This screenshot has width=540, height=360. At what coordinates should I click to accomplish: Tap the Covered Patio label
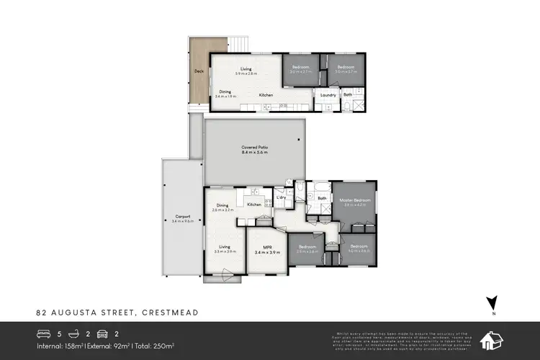point(255,147)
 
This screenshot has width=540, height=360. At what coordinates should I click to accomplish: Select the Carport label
point(182,216)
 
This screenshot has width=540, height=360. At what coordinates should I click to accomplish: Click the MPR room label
point(266,246)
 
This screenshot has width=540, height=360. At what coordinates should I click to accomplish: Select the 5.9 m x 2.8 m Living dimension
point(246,73)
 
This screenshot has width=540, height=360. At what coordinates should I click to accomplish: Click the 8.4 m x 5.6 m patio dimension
point(255,153)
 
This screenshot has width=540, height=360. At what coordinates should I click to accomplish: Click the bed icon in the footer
point(44,334)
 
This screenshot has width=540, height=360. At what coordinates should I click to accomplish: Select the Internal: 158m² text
point(62,347)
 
